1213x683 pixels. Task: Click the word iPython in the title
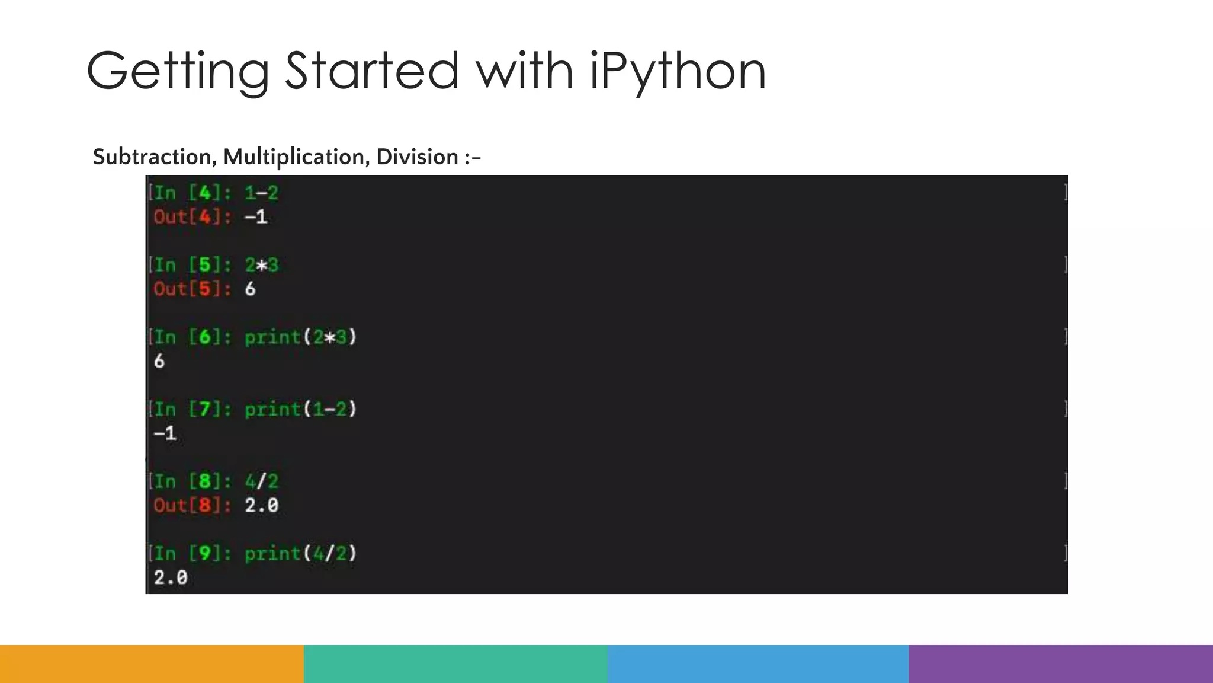point(678,71)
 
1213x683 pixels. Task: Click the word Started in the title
point(371,71)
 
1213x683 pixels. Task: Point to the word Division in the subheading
point(417,157)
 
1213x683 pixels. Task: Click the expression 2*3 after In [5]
point(261,265)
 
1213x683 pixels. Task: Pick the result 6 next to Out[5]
point(250,289)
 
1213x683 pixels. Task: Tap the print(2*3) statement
point(300,337)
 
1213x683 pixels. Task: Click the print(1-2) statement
point(300,409)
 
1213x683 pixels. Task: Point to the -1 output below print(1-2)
point(165,433)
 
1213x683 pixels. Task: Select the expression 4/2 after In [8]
point(261,481)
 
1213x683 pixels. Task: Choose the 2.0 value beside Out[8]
point(261,506)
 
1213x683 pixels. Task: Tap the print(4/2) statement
point(300,554)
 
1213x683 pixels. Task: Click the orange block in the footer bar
point(152,664)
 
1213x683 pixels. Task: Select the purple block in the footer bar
point(1061,664)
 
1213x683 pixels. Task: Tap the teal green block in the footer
point(455,664)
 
